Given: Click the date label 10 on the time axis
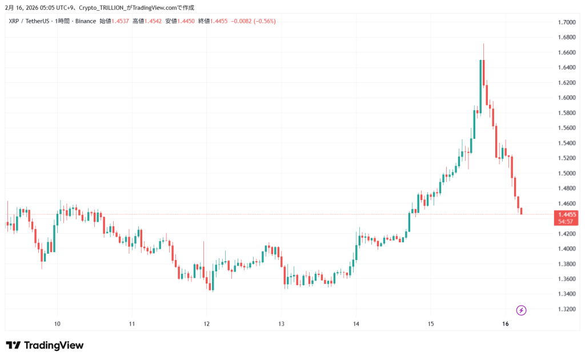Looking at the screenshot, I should click(57, 323).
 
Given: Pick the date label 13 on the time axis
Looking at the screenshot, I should click(281, 323).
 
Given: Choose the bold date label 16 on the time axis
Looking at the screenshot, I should click(505, 323).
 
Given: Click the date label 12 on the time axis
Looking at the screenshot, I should click(207, 323).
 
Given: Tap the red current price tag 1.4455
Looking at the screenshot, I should click(566, 214).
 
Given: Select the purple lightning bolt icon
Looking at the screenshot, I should click(521, 310).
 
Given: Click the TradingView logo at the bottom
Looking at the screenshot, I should click(45, 345).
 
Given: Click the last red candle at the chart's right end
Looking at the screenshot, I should click(521, 211).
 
